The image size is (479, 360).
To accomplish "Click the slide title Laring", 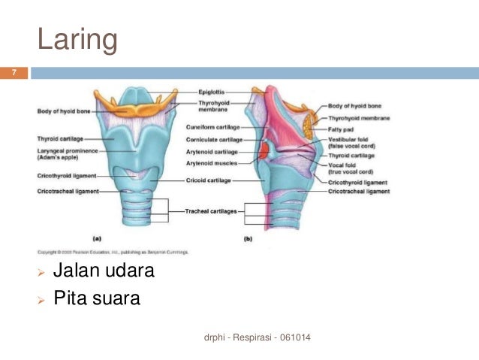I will [x=77, y=40].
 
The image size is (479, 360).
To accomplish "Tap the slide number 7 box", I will [x=13, y=74].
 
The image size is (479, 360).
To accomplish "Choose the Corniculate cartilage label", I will [x=214, y=140].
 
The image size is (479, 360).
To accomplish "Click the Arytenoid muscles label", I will [x=212, y=162].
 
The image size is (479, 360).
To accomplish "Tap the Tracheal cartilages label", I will [x=211, y=212].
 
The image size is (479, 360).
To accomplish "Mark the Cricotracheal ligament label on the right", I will [x=358, y=192].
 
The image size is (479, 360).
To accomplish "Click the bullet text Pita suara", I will [x=97, y=298].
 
